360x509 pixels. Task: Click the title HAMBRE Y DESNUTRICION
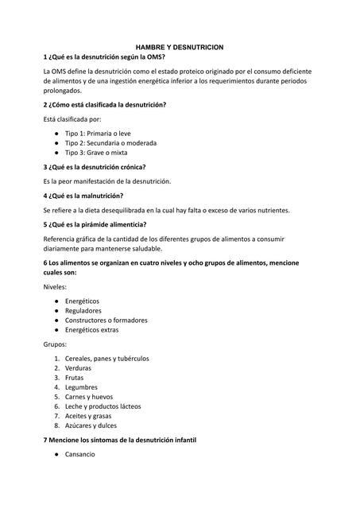pyautogui.click(x=180, y=48)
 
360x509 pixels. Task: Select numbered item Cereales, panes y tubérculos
pyautogui.click(x=106, y=359)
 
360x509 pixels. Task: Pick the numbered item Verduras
pyautogui.click(x=78, y=368)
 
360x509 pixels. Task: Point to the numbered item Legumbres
pyautogui.click(x=82, y=387)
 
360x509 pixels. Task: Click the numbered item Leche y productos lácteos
pyautogui.click(x=103, y=406)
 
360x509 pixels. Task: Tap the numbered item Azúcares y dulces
pyautogui.click(x=91, y=425)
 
